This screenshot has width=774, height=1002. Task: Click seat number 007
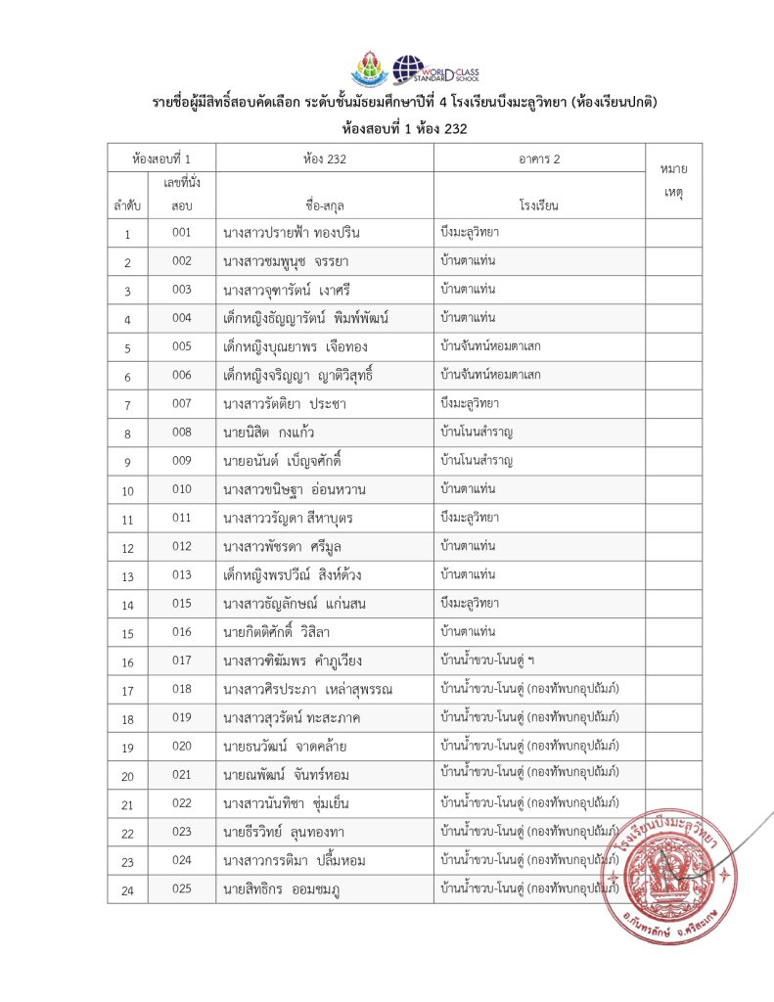click(x=181, y=404)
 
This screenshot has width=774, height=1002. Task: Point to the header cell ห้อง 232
click(x=325, y=159)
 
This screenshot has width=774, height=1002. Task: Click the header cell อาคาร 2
click(x=539, y=159)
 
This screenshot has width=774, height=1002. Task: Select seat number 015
click(x=181, y=604)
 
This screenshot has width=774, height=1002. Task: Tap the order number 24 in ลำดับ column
click(x=127, y=890)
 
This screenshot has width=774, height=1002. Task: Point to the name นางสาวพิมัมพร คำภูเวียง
click(x=293, y=661)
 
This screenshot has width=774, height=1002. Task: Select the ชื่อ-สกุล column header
click(x=325, y=205)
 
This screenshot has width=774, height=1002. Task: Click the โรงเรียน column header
click(x=539, y=205)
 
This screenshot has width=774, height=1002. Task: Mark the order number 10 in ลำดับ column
click(x=127, y=490)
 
